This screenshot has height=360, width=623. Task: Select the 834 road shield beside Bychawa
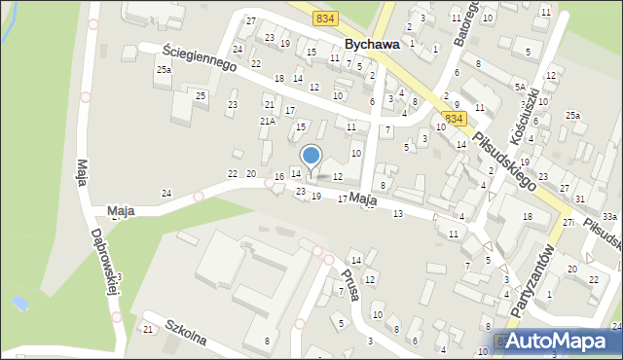[x=326, y=18]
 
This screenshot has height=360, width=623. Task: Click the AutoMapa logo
[x=556, y=341]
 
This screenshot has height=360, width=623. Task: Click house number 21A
[x=267, y=121]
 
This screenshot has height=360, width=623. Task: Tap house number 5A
[x=521, y=88]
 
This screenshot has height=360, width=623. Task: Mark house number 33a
[x=609, y=216]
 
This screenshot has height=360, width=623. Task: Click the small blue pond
[x=19, y=304]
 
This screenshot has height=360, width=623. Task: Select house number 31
[x=579, y=198]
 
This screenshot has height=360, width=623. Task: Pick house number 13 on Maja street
[x=397, y=213]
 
